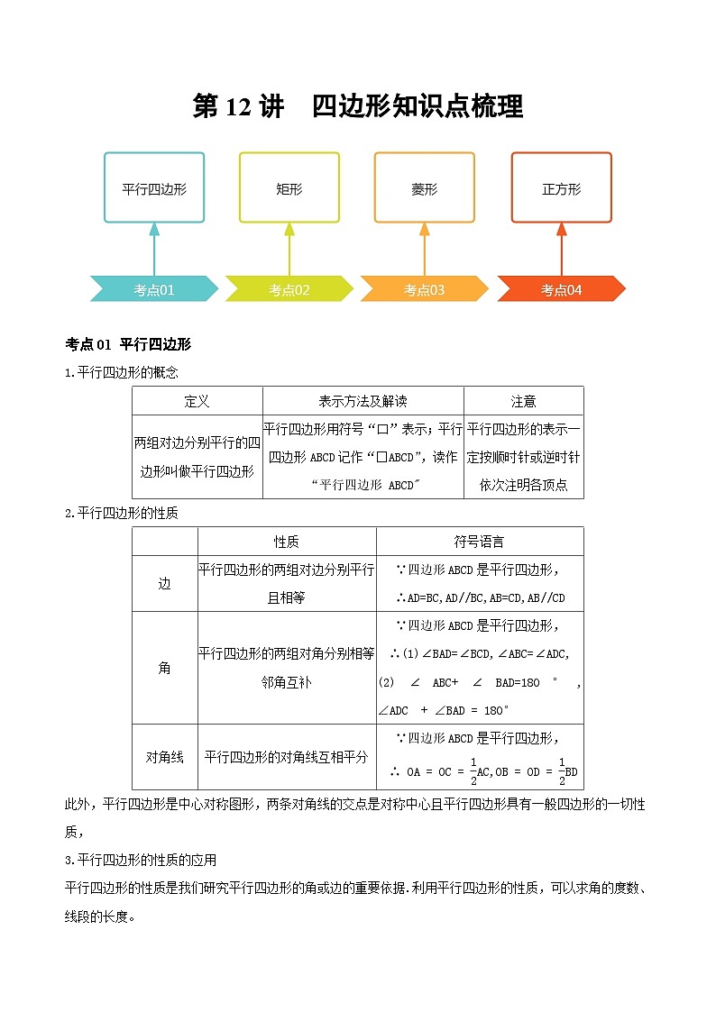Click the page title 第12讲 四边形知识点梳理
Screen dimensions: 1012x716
[358, 106]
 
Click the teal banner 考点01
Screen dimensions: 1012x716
[154, 289]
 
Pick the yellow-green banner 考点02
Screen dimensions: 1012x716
[289, 289]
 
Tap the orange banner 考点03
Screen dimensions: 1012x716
[424, 289]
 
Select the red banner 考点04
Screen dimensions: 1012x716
[561, 289]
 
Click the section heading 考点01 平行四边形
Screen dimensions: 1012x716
[129, 344]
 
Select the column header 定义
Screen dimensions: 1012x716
[197, 401]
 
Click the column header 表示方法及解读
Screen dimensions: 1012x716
[363, 401]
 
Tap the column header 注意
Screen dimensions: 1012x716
[523, 401]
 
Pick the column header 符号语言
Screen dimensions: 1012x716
[479, 542]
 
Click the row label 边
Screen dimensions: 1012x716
[164, 583]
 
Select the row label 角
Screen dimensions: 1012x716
[164, 668]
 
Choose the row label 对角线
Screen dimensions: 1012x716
[164, 757]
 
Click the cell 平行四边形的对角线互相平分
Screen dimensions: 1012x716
[286, 757]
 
